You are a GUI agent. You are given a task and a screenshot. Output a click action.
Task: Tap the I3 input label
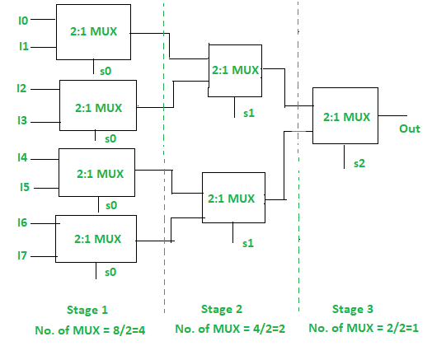(22, 121)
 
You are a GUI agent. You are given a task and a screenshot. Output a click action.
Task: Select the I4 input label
(22, 157)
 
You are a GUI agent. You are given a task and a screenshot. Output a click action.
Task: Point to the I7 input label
(22, 256)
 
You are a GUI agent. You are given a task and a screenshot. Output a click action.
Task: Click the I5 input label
(22, 187)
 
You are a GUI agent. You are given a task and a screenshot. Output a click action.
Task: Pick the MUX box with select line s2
(346, 116)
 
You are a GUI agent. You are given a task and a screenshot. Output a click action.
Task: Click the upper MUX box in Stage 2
(235, 70)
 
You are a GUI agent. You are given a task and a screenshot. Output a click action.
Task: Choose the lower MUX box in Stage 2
(233, 198)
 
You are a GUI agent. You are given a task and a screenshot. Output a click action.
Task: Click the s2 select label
(359, 164)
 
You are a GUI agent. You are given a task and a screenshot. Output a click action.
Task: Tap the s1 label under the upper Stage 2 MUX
(249, 111)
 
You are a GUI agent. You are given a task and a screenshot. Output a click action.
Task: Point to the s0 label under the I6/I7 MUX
(110, 271)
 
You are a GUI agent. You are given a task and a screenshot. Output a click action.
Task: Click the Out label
(410, 129)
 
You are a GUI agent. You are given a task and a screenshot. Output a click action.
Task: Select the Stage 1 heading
(87, 310)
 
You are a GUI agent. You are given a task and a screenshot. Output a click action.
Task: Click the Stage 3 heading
(353, 310)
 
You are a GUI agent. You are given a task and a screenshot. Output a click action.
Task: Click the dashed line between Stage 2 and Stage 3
(298, 165)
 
